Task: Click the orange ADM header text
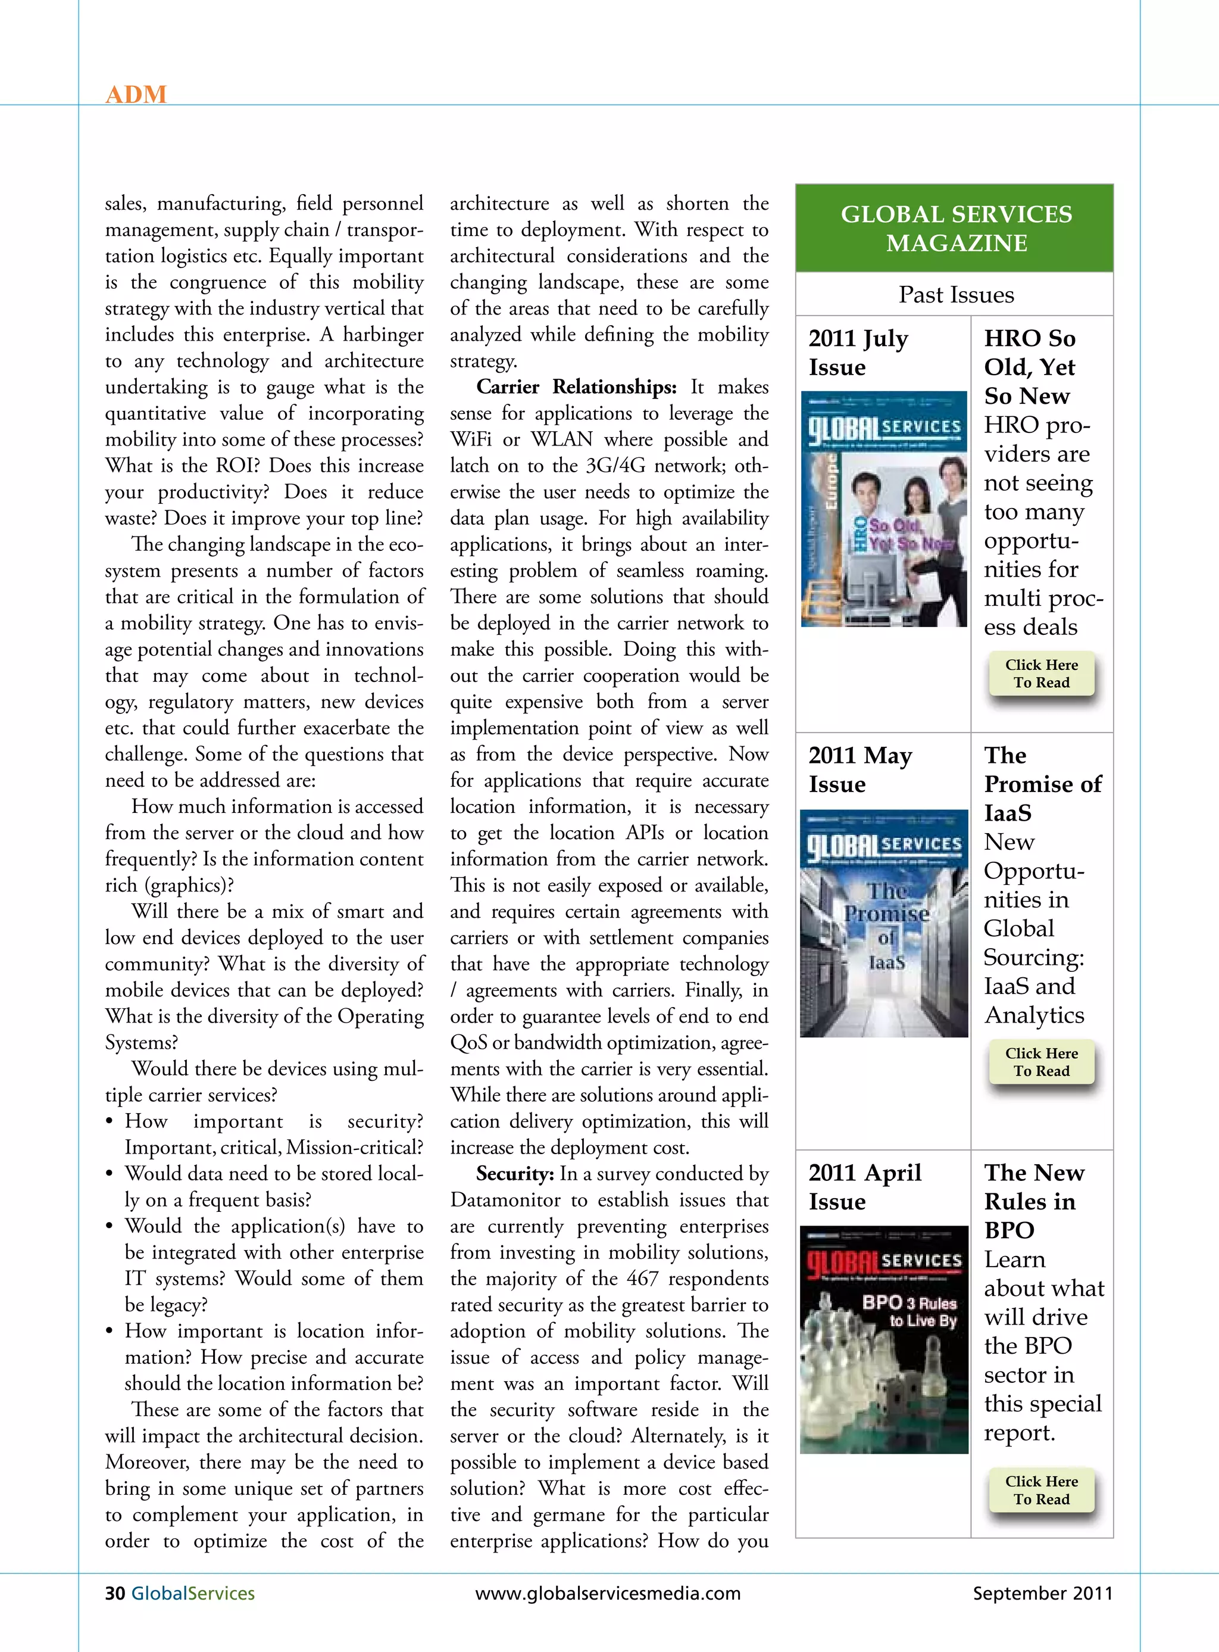pyautogui.click(x=136, y=95)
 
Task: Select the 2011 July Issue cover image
pyautogui.click(x=884, y=509)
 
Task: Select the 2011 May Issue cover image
pyautogui.click(x=884, y=924)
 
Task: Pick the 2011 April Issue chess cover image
pyautogui.click(x=884, y=1340)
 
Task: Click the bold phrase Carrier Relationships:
pyautogui.click(x=576, y=386)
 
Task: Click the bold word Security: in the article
pyautogui.click(x=514, y=1174)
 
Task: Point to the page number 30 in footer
pyautogui.click(x=115, y=1593)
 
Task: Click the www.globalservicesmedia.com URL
pyautogui.click(x=608, y=1593)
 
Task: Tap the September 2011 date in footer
pyautogui.click(x=1042, y=1593)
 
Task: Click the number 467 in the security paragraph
pyautogui.click(x=642, y=1279)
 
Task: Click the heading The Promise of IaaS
pyautogui.click(x=1042, y=784)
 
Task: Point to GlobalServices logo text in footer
pyautogui.click(x=193, y=1593)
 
